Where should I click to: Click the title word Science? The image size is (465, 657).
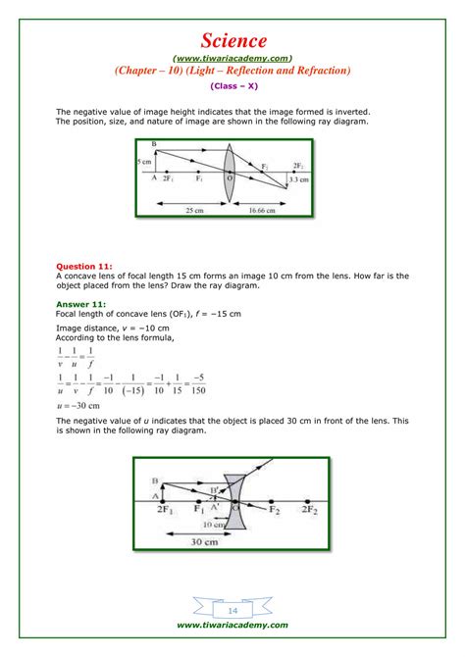tap(232, 40)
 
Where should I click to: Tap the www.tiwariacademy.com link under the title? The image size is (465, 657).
tap(232, 57)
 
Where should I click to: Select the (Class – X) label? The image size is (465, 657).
tap(232, 86)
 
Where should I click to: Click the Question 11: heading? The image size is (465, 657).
tap(83, 266)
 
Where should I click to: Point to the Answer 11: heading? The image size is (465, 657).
tap(80, 304)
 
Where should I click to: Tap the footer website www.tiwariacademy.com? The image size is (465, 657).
tap(232, 625)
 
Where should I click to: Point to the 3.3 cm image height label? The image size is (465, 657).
tap(297, 180)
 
